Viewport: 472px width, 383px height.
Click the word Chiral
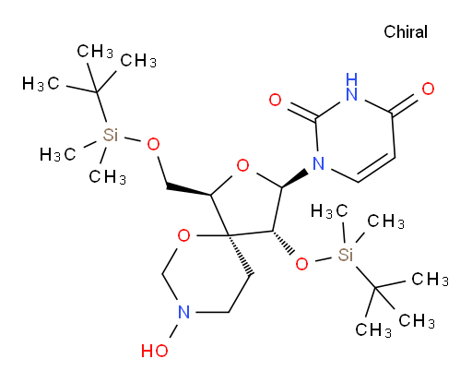tap(406, 32)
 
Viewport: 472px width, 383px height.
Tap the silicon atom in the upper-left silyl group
tap(111, 135)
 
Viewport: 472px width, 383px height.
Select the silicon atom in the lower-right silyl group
tap(346, 255)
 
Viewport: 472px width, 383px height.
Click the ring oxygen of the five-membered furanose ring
tap(242, 166)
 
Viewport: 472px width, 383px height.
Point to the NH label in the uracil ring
tap(351, 88)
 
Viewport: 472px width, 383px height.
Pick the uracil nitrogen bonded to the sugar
tap(318, 163)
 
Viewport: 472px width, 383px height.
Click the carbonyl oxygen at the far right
tap(428, 89)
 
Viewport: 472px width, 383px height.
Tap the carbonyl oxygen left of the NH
tap(275, 100)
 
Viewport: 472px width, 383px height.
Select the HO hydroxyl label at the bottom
tap(155, 351)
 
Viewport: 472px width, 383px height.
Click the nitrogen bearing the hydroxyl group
tap(183, 312)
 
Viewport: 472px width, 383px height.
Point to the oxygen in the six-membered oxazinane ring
tap(183, 236)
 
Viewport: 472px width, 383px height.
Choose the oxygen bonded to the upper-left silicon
tap(153, 145)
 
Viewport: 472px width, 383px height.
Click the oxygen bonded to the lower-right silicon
tap(301, 264)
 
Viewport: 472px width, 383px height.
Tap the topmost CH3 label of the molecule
tap(95, 52)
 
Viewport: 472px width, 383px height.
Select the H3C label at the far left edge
tap(41, 84)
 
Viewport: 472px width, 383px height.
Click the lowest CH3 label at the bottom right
tap(373, 330)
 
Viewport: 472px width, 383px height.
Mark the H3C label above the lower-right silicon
tap(329, 211)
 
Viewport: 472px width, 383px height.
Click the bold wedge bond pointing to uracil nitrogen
tap(295, 177)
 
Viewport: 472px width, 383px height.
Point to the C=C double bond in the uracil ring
tap(376, 169)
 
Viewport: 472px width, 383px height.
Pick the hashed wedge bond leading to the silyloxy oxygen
tap(283, 242)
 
